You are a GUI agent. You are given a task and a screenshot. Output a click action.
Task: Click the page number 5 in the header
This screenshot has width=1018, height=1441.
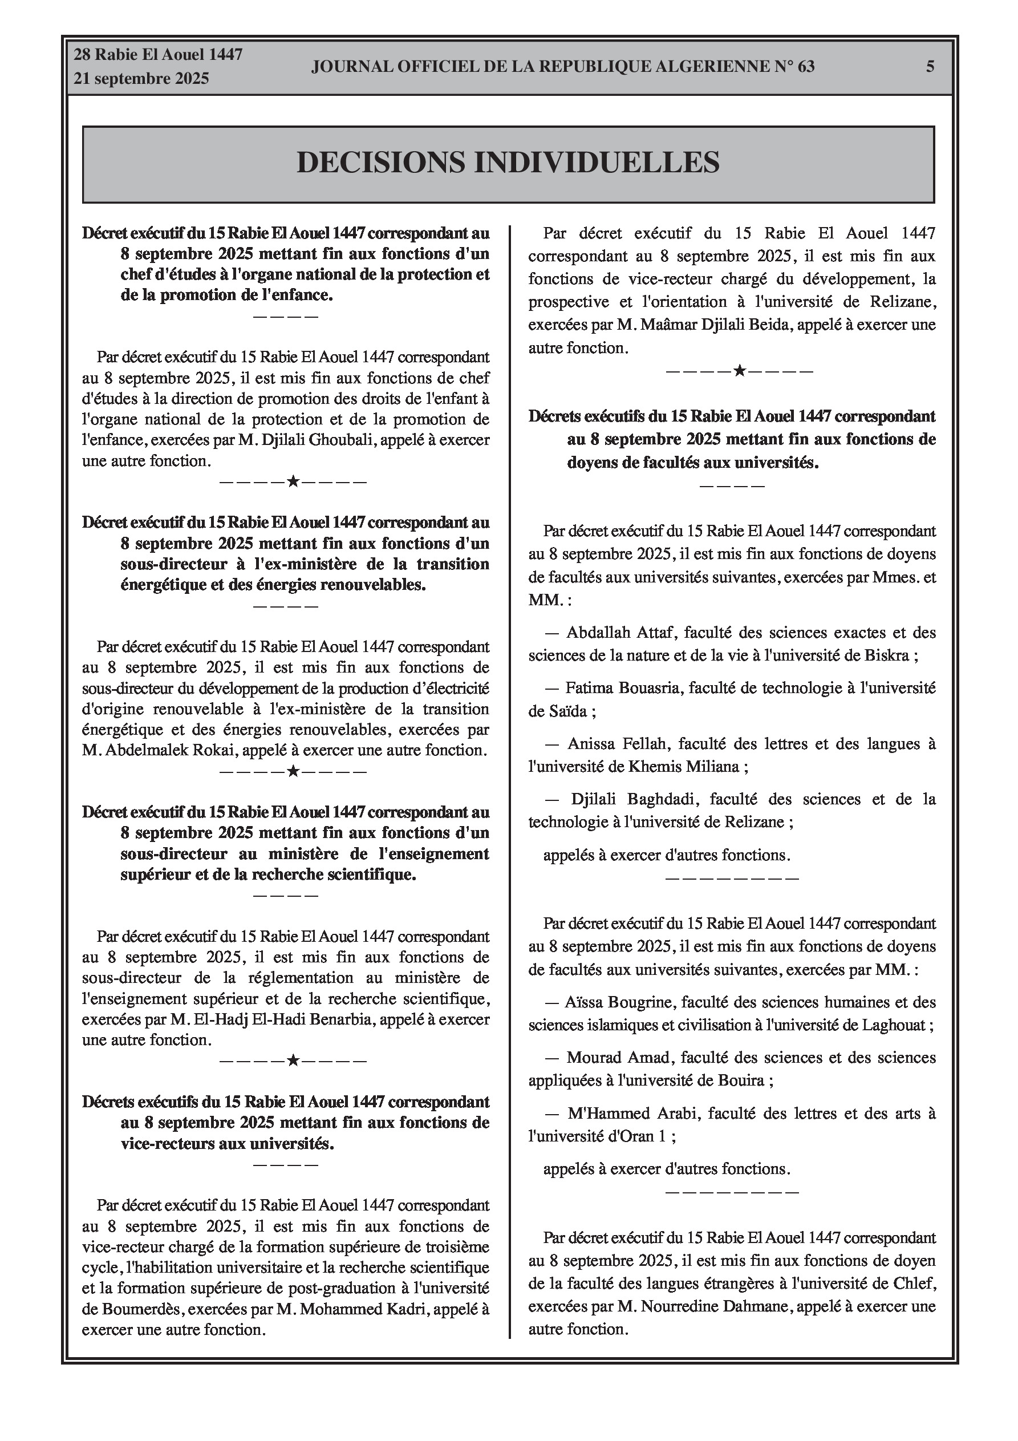930,67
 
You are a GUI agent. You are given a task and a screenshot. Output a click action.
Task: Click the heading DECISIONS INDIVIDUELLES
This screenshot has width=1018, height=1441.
508,163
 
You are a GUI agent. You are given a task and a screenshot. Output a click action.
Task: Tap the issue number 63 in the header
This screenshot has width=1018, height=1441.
806,67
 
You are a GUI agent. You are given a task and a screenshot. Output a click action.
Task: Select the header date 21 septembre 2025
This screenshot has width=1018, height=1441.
141,79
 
